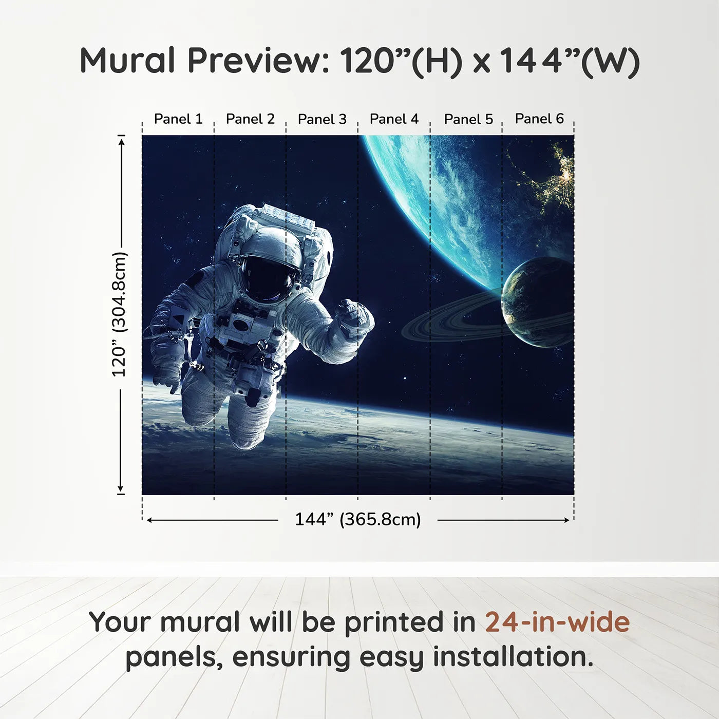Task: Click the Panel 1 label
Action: [178, 119]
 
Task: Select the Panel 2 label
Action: [250, 119]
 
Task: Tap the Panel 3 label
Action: [322, 119]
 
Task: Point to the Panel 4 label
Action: [394, 119]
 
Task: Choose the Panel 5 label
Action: [468, 119]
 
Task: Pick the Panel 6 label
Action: [539, 119]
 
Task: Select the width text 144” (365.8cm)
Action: [357, 519]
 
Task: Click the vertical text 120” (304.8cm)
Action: [119, 314]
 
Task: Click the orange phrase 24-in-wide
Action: [557, 622]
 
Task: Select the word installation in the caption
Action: [512, 657]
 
